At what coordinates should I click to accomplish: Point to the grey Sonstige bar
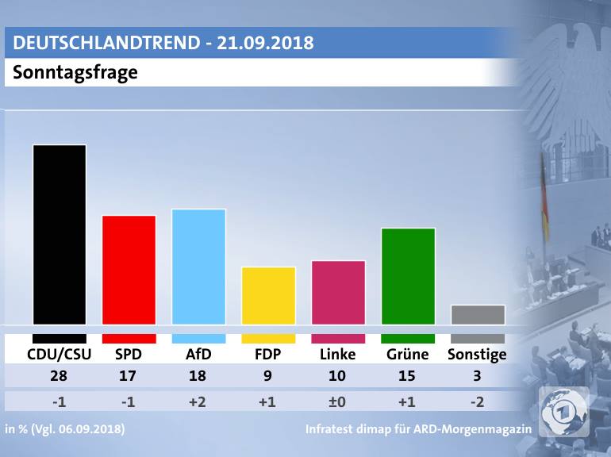click(478, 315)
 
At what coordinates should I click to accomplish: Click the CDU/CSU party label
click(59, 355)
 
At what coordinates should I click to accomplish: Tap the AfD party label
click(198, 355)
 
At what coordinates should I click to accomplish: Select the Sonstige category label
click(477, 355)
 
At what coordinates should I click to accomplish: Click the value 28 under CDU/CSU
click(59, 378)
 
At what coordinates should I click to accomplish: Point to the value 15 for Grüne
click(408, 378)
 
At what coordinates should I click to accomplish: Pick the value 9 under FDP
click(268, 378)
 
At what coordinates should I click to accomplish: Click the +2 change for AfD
click(198, 402)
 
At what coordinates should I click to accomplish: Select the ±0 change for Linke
click(338, 402)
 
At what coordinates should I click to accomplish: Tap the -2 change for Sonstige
click(478, 402)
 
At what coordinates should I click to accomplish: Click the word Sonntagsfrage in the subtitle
click(75, 73)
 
